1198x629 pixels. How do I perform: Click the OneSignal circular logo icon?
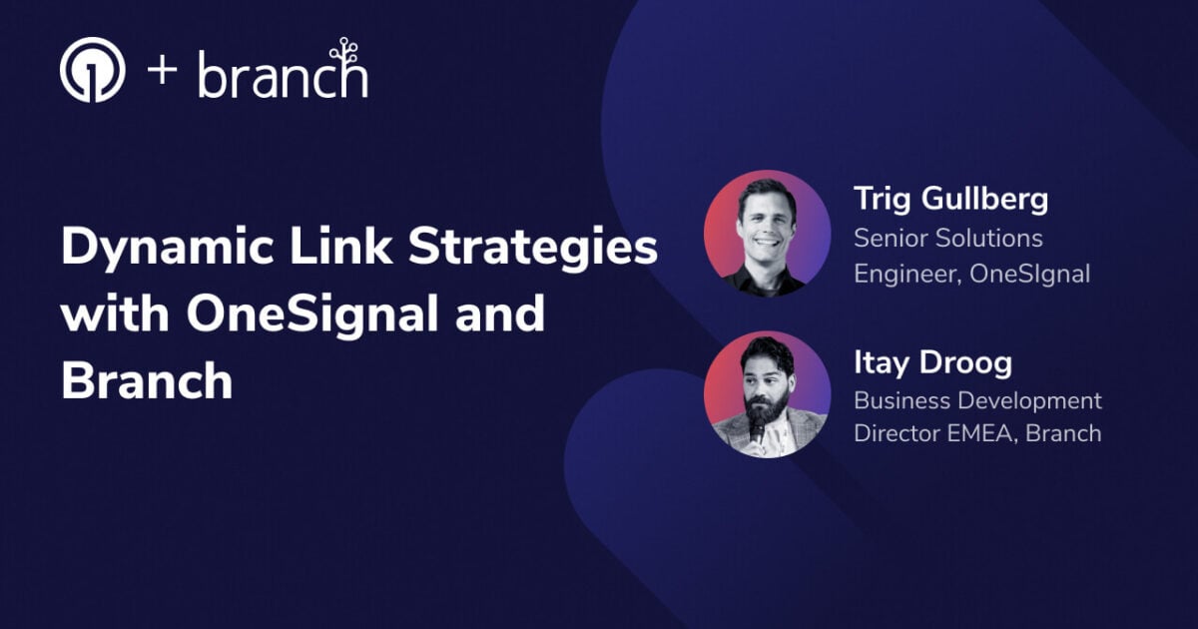(92, 70)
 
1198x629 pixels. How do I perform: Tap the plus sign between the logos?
(163, 72)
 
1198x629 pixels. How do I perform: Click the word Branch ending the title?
(147, 380)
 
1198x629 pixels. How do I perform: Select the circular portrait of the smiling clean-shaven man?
(767, 234)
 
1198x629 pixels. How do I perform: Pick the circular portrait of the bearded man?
(767, 394)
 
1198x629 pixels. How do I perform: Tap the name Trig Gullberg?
(950, 199)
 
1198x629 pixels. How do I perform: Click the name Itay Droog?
(932, 362)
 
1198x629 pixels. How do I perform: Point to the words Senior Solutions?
(947, 239)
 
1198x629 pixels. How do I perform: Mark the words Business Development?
(977, 400)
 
